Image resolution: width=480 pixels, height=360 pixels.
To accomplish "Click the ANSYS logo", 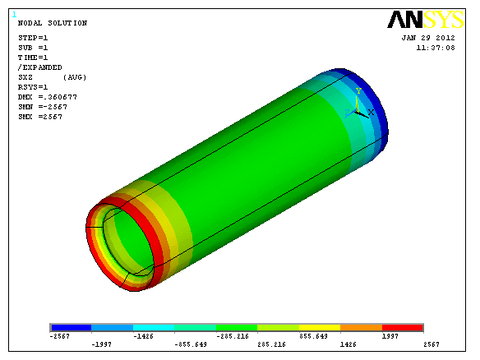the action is coord(426,19).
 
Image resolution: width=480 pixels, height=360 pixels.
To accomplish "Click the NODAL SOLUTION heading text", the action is coord(53,23).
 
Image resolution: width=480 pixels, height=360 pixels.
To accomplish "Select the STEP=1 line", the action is coord(33,38).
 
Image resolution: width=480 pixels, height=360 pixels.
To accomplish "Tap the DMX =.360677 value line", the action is coord(48,97).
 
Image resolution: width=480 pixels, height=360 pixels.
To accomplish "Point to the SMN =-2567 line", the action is coord(43,107).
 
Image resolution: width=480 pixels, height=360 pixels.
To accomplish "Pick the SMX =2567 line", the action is coord(40,117).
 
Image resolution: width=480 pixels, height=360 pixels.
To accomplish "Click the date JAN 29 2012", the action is coord(428,38).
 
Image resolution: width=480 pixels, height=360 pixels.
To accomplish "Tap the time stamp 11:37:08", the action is coord(436,48).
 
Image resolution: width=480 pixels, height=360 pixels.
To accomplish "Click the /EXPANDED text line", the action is coord(39,67).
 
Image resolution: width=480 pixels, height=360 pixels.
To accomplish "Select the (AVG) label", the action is coord(75,77).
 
